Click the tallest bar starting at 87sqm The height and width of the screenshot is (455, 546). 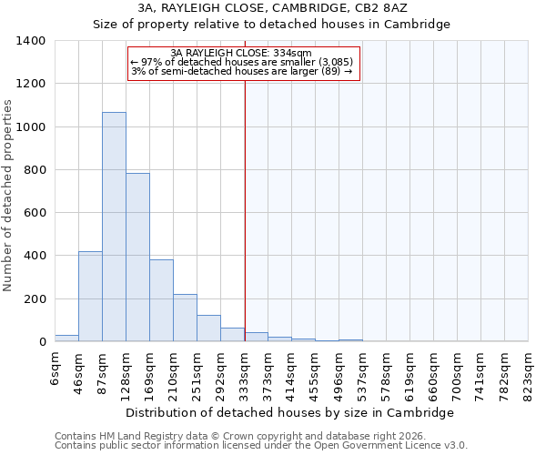coord(114,227)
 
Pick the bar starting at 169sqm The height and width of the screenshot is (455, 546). coord(161,300)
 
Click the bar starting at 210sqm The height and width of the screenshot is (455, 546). coord(185,318)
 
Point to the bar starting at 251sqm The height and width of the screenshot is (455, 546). coord(208,329)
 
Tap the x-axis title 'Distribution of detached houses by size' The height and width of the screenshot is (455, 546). coord(289,412)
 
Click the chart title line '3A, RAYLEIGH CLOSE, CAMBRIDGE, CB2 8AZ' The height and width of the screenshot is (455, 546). coord(272,8)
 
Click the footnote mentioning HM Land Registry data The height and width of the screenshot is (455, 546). coord(246,436)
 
